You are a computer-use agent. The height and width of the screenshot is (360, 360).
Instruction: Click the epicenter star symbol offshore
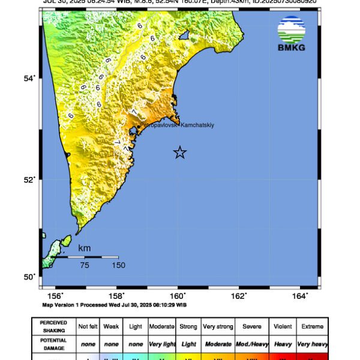(x=180, y=152)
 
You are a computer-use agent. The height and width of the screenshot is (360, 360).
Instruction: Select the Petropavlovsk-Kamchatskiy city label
(x=177, y=125)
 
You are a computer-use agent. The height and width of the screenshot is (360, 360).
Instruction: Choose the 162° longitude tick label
(x=240, y=295)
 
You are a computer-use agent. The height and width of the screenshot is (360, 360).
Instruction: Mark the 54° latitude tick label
(x=30, y=77)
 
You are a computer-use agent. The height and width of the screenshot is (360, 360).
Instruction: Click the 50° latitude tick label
(x=30, y=277)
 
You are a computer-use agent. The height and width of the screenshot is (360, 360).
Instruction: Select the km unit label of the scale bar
(x=85, y=248)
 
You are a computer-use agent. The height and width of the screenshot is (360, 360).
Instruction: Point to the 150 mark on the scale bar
(x=118, y=265)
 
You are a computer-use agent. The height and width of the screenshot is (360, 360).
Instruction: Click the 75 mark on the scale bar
(x=85, y=265)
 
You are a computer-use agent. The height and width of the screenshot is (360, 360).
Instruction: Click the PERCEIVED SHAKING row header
(x=54, y=326)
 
